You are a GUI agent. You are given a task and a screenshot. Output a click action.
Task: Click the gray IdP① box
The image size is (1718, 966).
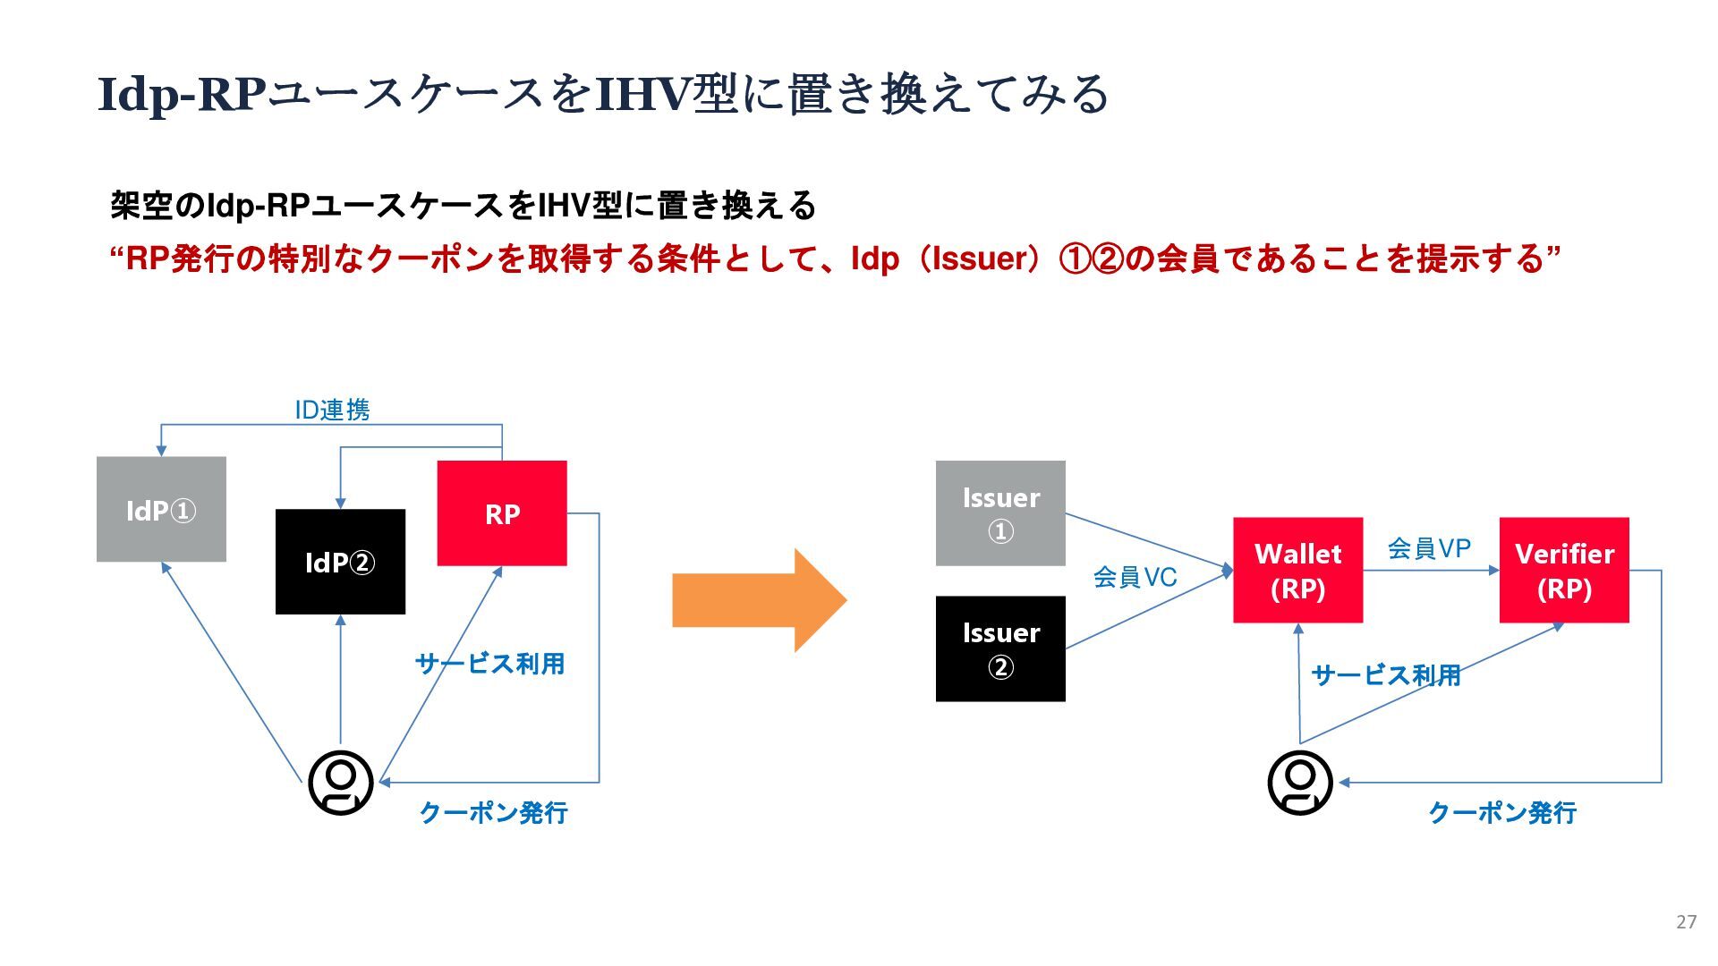click(x=161, y=509)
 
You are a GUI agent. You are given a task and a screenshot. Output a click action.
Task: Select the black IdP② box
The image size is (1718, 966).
click(x=340, y=562)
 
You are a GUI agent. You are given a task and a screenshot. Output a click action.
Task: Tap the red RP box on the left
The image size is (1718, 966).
click(x=502, y=513)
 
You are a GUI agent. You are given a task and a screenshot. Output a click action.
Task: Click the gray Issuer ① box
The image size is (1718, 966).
click(x=1000, y=513)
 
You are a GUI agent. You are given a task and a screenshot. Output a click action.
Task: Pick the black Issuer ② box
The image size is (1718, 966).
click(x=1000, y=648)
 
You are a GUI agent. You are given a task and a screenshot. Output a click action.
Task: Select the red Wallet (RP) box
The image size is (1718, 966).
click(x=1298, y=570)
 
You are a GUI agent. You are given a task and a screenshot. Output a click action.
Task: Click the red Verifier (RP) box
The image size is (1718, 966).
click(x=1564, y=570)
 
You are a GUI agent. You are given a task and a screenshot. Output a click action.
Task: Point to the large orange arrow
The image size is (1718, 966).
click(x=759, y=600)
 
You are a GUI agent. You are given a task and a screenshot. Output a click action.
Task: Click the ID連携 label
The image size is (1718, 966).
click(x=332, y=410)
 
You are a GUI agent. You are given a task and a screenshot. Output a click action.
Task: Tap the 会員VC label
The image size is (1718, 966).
click(x=1135, y=577)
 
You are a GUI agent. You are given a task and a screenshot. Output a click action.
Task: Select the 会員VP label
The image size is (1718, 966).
click(x=1429, y=548)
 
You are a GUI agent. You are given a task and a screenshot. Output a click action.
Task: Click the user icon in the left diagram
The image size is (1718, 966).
click(x=341, y=783)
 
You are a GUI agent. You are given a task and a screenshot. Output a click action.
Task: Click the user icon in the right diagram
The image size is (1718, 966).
click(x=1300, y=783)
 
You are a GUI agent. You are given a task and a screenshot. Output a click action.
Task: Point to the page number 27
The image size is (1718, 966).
click(x=1686, y=922)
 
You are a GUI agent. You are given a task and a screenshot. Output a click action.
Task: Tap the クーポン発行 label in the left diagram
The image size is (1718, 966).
click(x=493, y=812)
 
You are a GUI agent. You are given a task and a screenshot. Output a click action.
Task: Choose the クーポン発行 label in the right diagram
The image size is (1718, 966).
click(x=1502, y=812)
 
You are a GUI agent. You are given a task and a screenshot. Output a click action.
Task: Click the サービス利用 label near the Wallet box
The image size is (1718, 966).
click(x=1386, y=674)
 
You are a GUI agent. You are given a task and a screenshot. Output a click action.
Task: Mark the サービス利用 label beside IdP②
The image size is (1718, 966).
click(x=489, y=664)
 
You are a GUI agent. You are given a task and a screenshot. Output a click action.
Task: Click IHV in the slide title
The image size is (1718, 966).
click(x=643, y=94)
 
